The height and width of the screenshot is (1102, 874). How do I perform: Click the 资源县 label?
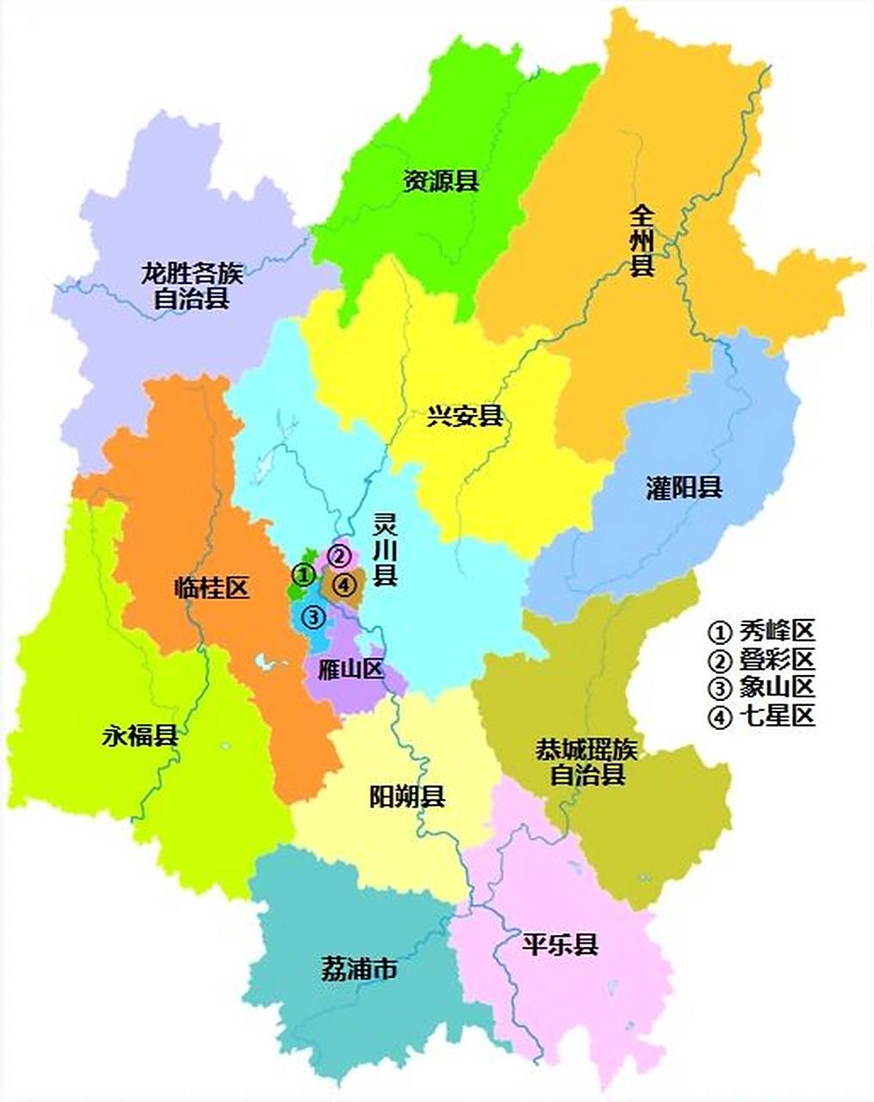441,182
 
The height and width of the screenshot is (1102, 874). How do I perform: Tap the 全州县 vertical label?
642,240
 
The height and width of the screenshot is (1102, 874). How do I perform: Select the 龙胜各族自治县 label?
191,287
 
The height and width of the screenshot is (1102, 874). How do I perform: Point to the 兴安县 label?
465,418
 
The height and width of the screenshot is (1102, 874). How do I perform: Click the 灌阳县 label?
684,489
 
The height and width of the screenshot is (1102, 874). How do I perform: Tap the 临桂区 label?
211,589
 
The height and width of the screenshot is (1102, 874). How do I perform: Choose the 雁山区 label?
350,670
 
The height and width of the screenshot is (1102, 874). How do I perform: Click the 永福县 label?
141,736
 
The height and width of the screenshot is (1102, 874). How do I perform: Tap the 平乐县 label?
560,944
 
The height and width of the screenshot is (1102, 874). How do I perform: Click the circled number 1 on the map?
301,573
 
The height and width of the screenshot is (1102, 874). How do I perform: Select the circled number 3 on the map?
313,616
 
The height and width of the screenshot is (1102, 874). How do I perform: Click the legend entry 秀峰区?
761,631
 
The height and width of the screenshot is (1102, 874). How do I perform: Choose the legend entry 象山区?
761,687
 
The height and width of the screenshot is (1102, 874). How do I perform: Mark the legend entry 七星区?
761,715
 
